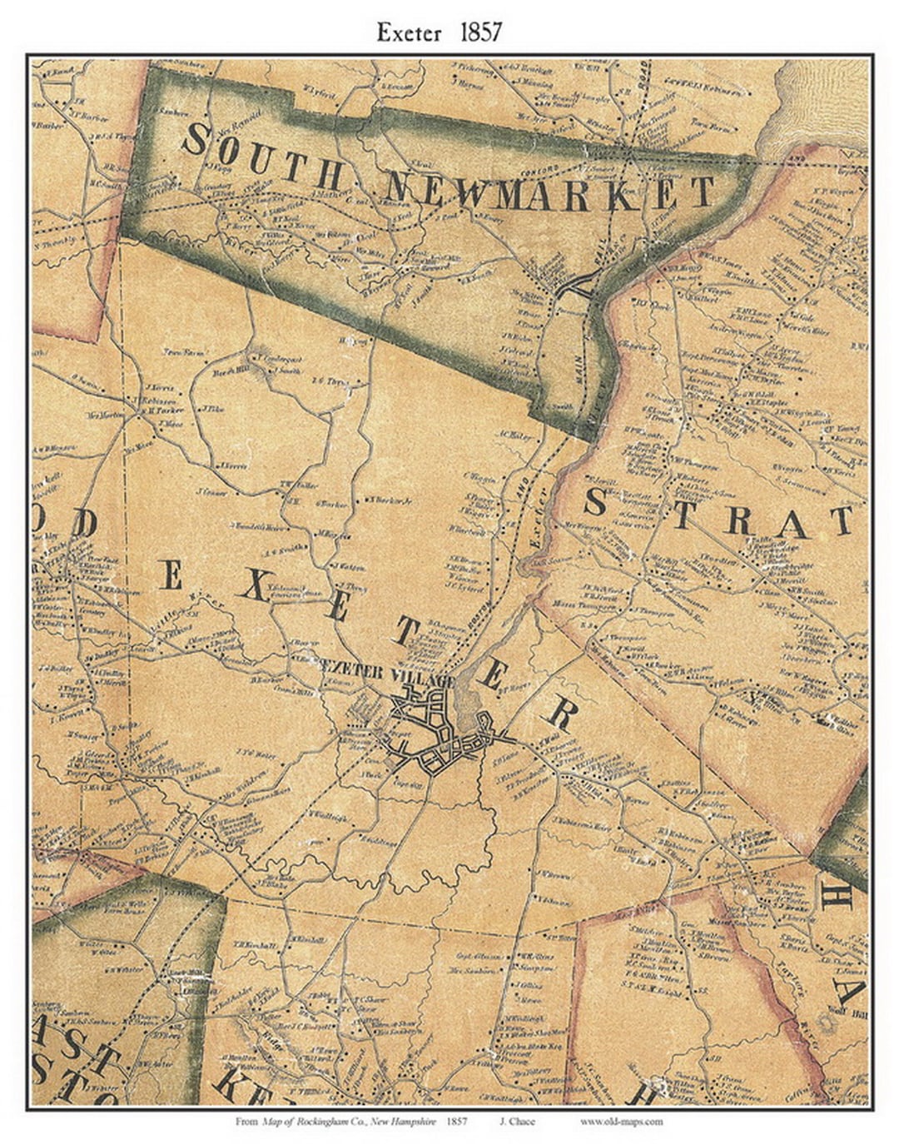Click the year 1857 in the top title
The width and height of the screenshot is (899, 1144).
point(478,32)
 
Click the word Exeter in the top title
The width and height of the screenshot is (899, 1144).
point(409,32)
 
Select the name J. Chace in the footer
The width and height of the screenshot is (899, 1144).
point(517,1122)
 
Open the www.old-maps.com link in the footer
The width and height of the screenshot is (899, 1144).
point(621,1122)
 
